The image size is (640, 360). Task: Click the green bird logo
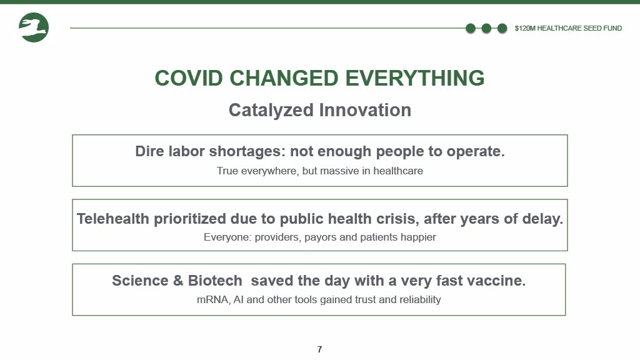click(x=34, y=27)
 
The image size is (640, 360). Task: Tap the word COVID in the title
click(x=189, y=78)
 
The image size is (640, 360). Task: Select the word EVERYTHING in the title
click(x=415, y=78)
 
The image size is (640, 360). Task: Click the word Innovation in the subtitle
click(x=365, y=110)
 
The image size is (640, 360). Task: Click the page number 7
click(x=319, y=349)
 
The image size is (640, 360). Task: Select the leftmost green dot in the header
click(x=471, y=28)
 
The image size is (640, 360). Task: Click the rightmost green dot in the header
click(x=502, y=28)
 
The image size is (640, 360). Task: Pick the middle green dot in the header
click(x=486, y=28)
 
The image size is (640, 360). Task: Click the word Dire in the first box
click(x=149, y=151)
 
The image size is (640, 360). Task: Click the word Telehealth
click(x=113, y=219)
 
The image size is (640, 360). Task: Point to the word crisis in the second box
click(x=397, y=219)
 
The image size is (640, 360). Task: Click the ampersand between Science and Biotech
click(x=177, y=281)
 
